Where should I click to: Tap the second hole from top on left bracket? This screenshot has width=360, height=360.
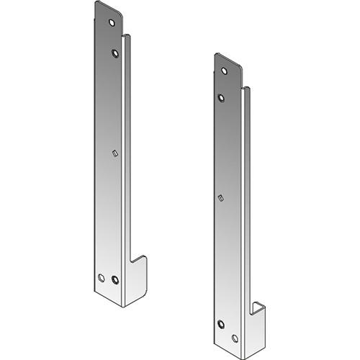click(x=114, y=52)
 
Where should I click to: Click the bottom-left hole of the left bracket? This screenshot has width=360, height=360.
click(x=101, y=276)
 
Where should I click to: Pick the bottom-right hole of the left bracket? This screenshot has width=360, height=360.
click(x=116, y=279)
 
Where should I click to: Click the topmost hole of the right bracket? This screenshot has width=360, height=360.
click(x=225, y=71)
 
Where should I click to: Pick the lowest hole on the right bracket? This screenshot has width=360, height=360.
click(x=235, y=336)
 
